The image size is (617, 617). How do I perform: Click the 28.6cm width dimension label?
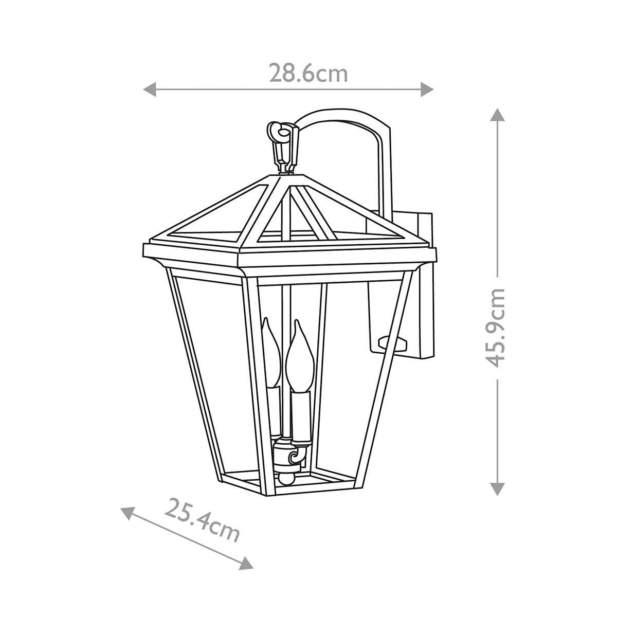(x=308, y=74)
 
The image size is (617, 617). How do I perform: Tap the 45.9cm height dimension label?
(x=497, y=327)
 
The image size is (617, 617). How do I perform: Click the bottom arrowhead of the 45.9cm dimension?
(x=497, y=488)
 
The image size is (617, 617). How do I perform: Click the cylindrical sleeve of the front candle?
(x=301, y=415)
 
